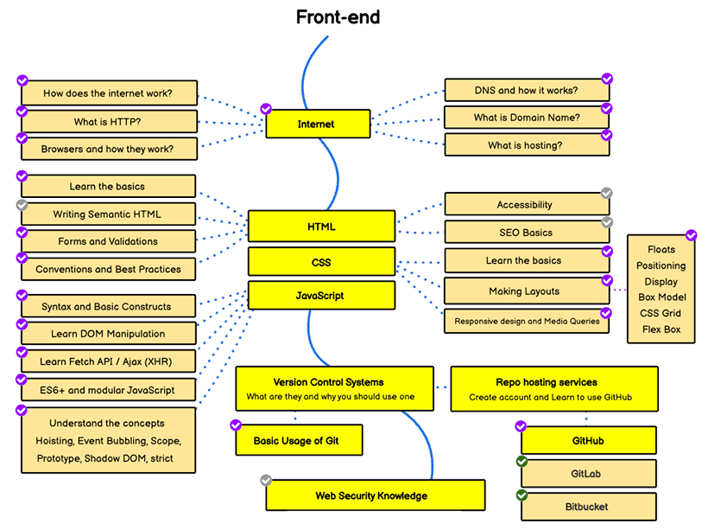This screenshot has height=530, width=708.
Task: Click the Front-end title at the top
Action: (338, 17)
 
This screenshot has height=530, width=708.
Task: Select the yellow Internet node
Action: (317, 124)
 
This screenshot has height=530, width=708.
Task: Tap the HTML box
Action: (321, 227)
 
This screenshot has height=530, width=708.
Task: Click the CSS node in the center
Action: (321, 262)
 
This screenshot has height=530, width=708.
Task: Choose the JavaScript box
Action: (321, 296)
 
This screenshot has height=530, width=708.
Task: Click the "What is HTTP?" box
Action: (108, 121)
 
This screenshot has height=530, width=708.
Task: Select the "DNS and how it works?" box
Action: (526, 90)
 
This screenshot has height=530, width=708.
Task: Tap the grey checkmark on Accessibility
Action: (607, 194)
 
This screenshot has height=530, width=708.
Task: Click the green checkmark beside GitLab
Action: (522, 462)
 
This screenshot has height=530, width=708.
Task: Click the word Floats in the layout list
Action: (661, 250)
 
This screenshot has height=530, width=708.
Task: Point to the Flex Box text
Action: (661, 329)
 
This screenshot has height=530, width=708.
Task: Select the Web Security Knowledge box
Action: (371, 496)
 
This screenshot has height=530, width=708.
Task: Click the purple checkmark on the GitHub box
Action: (521, 426)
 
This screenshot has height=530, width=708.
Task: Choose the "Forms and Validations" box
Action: (108, 241)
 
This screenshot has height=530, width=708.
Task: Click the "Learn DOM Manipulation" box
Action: (108, 334)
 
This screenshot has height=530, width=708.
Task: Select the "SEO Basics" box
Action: (526, 232)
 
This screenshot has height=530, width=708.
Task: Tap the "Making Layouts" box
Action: (525, 291)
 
